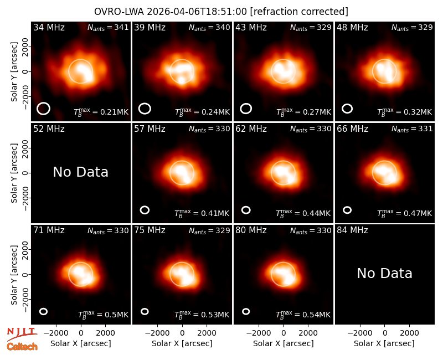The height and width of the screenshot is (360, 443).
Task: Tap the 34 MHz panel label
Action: click(49, 27)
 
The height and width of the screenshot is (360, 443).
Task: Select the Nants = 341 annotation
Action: click(108, 27)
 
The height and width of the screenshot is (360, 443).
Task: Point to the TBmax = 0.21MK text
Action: click(101, 112)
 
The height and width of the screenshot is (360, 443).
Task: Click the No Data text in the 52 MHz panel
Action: click(80, 172)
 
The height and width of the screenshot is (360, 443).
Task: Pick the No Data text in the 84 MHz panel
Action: click(384, 274)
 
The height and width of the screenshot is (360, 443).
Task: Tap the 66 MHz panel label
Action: click(352, 129)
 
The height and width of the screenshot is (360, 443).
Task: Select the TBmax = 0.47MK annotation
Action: click(405, 213)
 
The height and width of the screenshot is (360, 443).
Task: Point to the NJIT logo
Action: click(22, 333)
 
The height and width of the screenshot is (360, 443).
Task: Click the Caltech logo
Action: click(22, 347)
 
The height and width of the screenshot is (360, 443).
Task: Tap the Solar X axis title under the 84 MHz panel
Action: click(384, 343)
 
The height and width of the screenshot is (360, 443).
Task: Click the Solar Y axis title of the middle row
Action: click(14, 173)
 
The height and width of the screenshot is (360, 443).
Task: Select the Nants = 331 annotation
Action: click(412, 129)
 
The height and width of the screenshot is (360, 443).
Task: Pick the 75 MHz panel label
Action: click(150, 230)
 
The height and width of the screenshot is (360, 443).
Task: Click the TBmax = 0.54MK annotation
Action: click(303, 315)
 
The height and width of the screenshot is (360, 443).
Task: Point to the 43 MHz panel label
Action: click(251, 27)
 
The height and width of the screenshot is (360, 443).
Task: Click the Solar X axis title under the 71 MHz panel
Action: click(80, 343)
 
